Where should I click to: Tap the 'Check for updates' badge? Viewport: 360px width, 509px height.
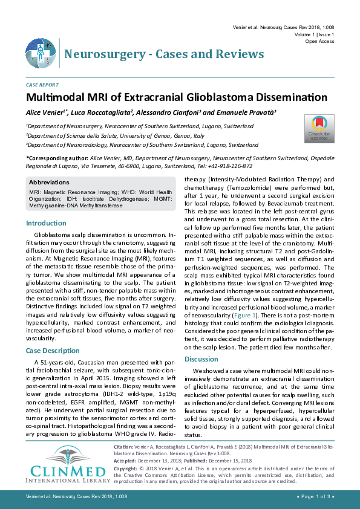point(319,128)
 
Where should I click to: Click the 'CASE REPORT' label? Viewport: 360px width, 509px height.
point(42,85)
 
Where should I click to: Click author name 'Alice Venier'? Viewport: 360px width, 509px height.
point(45,112)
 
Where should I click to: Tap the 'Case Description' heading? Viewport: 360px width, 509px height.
point(52,351)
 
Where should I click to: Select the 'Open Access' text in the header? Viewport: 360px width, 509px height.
point(319,42)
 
